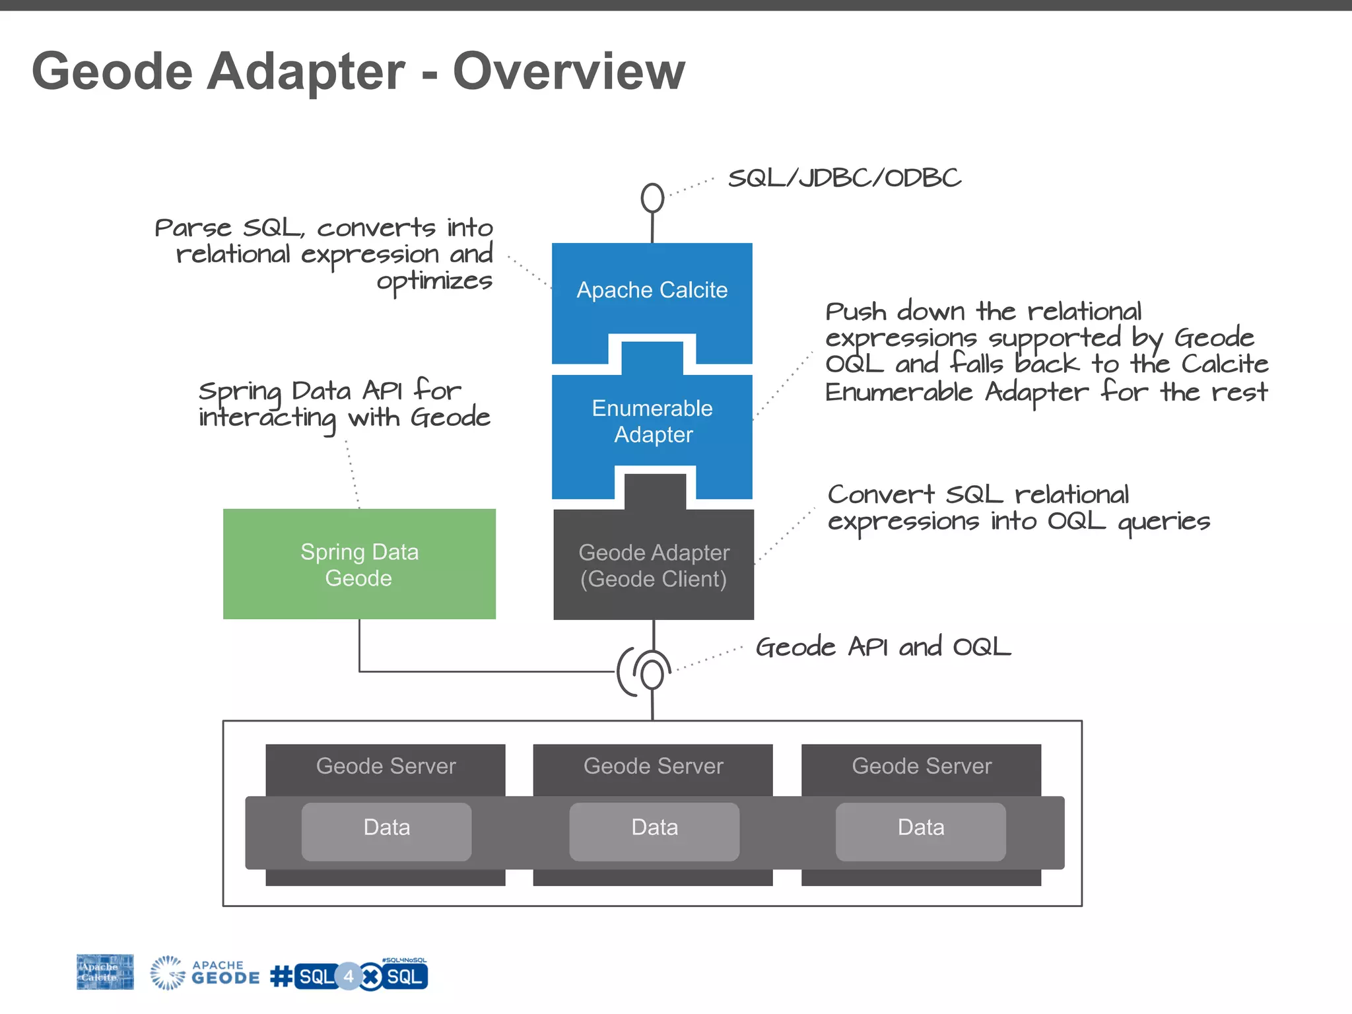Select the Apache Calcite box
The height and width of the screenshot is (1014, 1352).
652,290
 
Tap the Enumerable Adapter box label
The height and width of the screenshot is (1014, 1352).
652,421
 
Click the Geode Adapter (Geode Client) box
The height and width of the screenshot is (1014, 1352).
653,566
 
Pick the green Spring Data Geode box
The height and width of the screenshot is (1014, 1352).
359,564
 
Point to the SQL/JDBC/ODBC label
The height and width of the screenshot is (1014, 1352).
844,178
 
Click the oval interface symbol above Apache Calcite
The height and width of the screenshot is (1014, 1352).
652,197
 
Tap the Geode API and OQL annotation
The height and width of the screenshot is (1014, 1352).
883,647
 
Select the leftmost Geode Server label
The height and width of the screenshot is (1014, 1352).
386,766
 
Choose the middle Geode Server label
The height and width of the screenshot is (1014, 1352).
653,766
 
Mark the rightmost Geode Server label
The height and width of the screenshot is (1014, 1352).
921,766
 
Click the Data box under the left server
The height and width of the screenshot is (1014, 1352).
387,828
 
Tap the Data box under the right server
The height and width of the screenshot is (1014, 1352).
920,828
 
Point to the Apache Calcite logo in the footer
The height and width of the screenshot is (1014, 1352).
105,972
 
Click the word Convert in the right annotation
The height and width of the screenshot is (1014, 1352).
881,494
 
